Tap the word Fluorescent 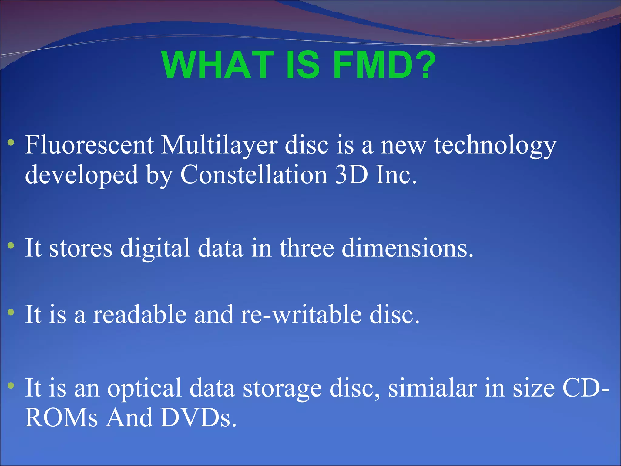coord(89,145)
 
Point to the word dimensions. coord(407,248)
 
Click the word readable coord(139,315)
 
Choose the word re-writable coord(301,315)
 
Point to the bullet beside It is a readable coord(11,312)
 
